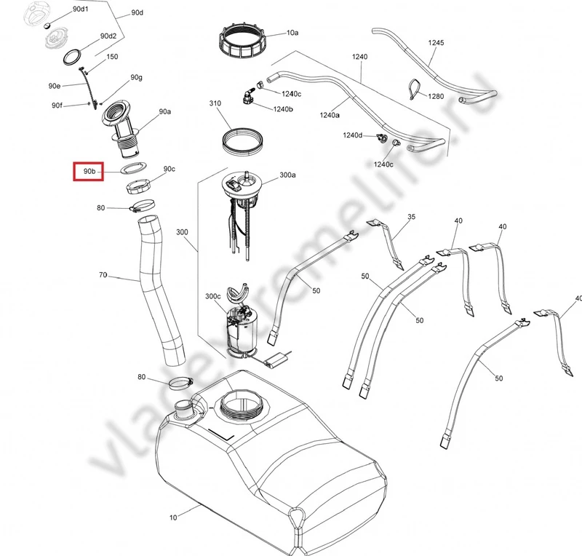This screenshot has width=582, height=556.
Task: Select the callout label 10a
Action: [x=292, y=33]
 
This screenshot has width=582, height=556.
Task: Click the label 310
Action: [x=215, y=103]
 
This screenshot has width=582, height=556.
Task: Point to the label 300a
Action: [x=287, y=175]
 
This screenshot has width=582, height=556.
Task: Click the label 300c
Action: [x=212, y=296]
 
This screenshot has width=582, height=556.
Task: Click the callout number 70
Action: [x=103, y=275]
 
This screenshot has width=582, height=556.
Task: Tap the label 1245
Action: [x=436, y=43]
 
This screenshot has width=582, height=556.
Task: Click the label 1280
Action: [x=436, y=96]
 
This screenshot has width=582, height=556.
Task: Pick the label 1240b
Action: [x=283, y=109]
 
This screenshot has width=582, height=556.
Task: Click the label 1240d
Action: [x=353, y=135]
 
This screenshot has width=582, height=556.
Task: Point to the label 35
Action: [x=411, y=217]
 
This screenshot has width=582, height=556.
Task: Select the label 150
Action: [x=113, y=57]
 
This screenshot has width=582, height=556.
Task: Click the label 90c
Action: [x=170, y=169]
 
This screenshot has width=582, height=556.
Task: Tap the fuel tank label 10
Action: [x=173, y=517]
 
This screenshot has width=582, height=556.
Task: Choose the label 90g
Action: [x=136, y=77]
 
